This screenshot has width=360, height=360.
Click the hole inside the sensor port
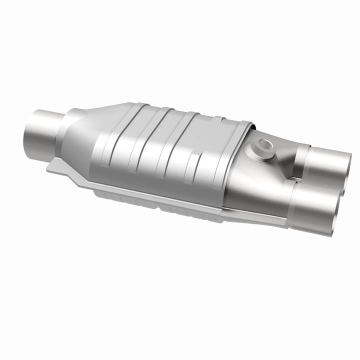(265, 145)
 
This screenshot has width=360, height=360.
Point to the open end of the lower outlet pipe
(338, 210)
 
